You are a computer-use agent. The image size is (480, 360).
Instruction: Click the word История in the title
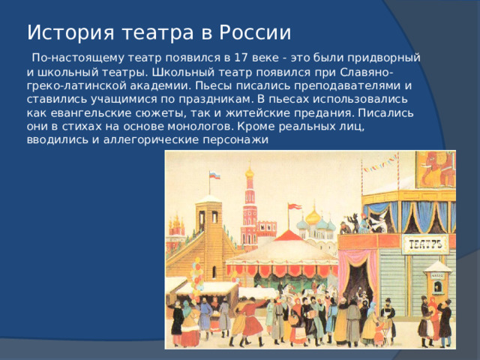pos(64,32)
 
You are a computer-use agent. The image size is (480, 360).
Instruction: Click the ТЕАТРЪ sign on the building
pos(426,244)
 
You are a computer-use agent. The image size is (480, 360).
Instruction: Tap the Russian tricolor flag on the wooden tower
pos(214,175)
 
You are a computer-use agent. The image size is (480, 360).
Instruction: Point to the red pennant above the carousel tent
pos(295,206)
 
